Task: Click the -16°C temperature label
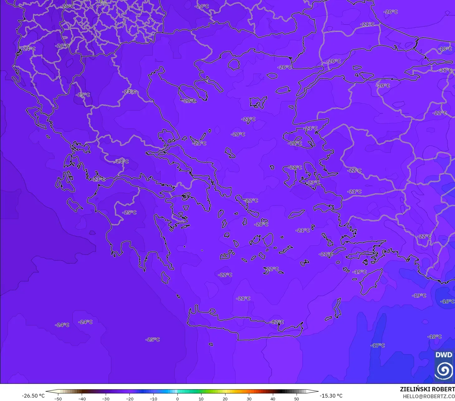pos(447,301)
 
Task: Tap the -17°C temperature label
pos(378,345)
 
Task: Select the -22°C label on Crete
pos(277,322)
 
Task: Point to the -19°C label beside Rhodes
pos(360,272)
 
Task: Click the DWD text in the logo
pos(443,355)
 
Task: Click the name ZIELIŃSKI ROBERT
pos(427,389)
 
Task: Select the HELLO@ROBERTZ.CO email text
pos(428,396)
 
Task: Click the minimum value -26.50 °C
pos(33,396)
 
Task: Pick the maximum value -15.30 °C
pos(331,396)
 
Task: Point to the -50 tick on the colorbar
pos(58,399)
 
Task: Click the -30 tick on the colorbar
pos(106,399)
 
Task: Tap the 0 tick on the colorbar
pos(177,399)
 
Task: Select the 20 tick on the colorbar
pos(225,399)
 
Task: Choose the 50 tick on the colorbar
pos(296,399)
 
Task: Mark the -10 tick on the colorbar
pos(153,399)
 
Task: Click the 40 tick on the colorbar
pos(273,399)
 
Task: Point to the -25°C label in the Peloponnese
pos(129,212)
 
